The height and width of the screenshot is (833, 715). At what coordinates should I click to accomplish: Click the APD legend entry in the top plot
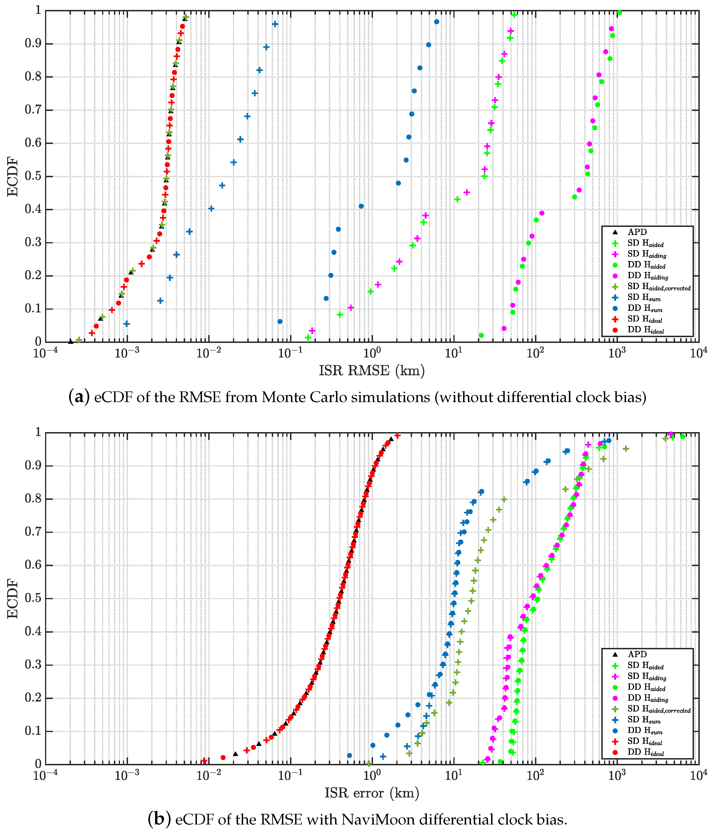(x=637, y=232)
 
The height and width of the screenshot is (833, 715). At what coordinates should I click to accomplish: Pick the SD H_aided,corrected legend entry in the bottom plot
(x=658, y=710)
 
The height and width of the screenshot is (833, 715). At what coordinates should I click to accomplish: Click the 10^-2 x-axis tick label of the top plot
(x=208, y=353)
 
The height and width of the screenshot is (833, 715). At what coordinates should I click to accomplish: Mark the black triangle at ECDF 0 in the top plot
(x=71, y=341)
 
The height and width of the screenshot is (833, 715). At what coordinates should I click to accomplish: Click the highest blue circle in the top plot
(x=437, y=22)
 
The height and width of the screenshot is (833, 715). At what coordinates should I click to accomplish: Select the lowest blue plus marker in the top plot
(x=127, y=324)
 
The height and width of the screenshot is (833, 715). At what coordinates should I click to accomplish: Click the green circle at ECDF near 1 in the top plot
(x=619, y=12)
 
